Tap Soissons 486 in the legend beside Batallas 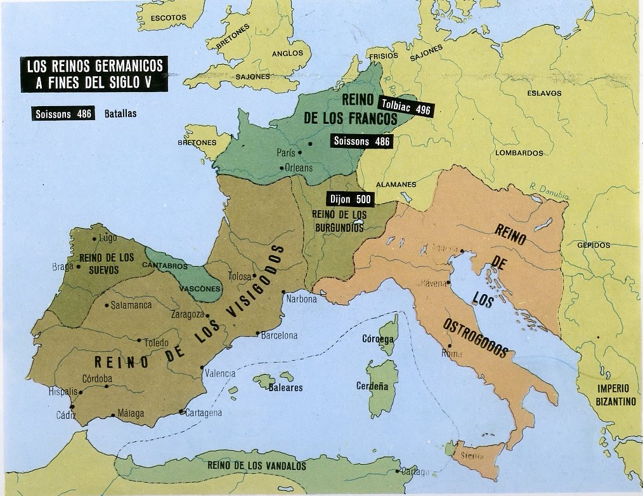click(61, 115)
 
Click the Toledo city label click(156, 343)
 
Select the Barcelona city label click(280, 335)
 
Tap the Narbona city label click(301, 299)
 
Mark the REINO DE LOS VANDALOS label click(256, 466)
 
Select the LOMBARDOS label click(519, 153)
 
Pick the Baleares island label click(285, 387)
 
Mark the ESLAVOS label click(544, 93)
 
